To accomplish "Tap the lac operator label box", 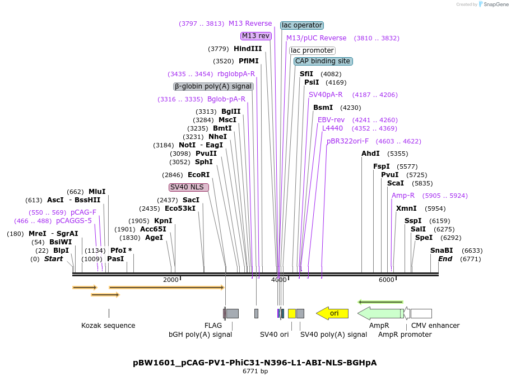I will click(302, 25).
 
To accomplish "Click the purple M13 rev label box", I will click(256, 36).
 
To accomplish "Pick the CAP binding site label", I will click(323, 61).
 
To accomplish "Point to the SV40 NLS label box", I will click(188, 187).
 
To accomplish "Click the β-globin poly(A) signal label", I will click(213, 86).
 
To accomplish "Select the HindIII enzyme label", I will click(248, 49).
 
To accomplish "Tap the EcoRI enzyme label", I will click(198, 175).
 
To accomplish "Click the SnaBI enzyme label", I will click(442, 251).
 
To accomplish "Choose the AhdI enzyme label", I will click(370, 154).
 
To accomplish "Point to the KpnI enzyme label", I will click(163, 221).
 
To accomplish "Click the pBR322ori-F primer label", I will click(347, 141).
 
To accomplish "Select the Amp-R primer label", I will click(403, 196).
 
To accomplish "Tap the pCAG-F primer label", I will click(83, 212).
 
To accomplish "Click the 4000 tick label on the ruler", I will click(278, 280).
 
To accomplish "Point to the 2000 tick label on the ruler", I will click(171, 280).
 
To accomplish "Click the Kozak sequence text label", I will click(108, 326).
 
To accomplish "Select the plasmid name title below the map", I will click(255, 363).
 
